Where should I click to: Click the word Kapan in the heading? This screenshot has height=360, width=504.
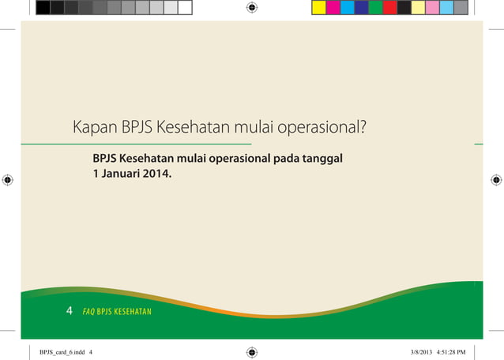pos(95,128)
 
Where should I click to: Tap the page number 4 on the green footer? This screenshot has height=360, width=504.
pos(70,311)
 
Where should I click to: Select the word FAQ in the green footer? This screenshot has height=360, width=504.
pos(88,312)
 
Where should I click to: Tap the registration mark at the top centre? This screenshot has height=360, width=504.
pos(252,8)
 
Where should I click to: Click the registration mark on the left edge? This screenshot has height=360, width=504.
pos(8,180)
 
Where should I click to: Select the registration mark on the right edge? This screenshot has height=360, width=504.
pos(496,180)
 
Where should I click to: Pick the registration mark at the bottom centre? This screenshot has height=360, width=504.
pos(252,352)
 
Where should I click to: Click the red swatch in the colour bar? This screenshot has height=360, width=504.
pos(389,8)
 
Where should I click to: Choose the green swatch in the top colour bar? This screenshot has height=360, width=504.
pos(375,8)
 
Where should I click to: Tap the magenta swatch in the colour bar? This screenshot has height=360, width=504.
pos(333,8)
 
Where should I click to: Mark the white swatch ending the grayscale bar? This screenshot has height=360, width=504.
pos(185,8)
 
